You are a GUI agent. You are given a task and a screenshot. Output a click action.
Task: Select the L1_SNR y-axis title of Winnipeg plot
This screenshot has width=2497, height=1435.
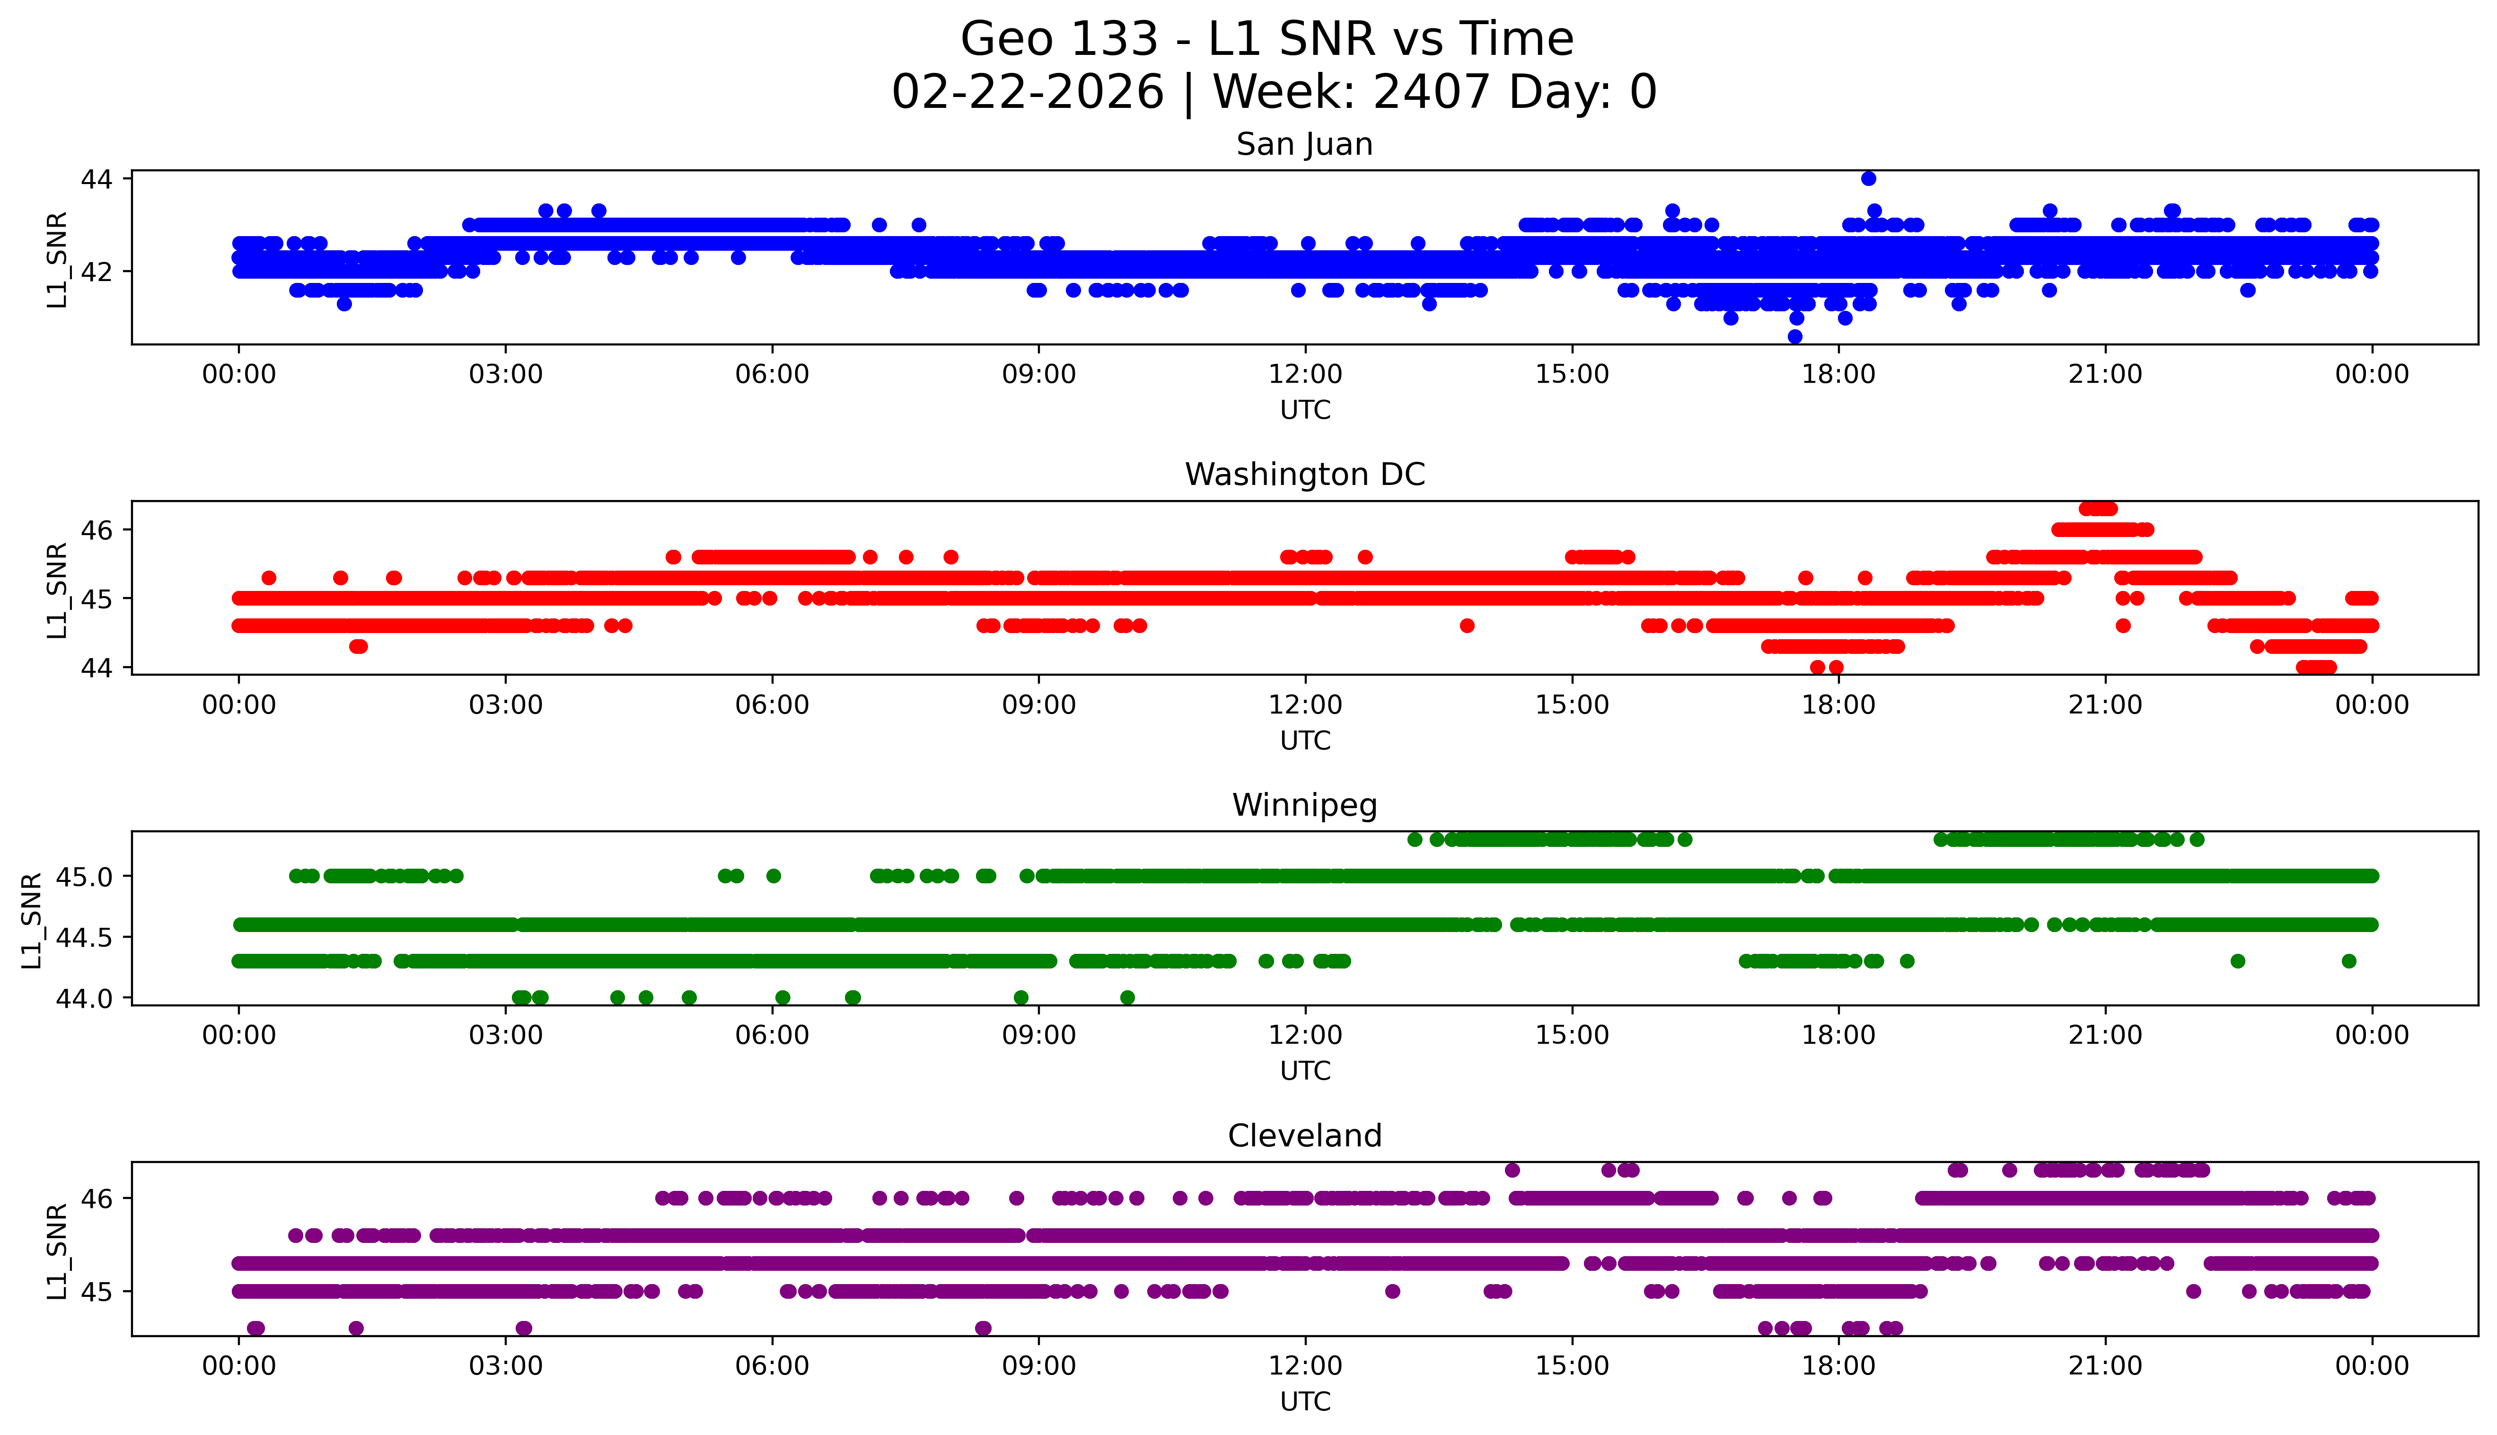[32, 920]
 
